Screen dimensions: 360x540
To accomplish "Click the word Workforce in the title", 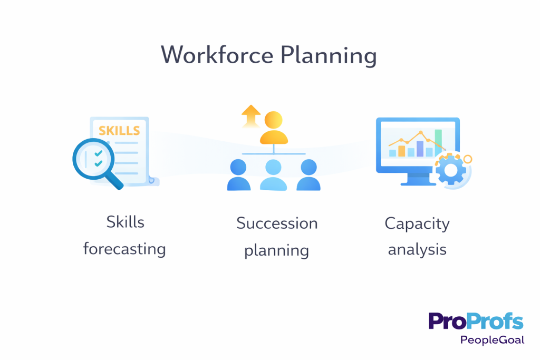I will coord(216,55).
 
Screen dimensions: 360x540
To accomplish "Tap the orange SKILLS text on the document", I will coord(119,130).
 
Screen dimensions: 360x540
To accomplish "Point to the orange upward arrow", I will coord(252,115).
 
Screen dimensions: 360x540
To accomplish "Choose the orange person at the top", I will coord(274,128).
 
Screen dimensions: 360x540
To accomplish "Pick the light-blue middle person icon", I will coord(274,176).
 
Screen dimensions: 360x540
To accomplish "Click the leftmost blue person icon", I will coord(239,176).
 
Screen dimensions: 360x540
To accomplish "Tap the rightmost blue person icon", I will coord(308,176).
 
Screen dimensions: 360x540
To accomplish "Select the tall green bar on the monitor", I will coord(438,142).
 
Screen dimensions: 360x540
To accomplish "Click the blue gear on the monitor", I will coord(451,169).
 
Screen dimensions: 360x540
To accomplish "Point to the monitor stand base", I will coord(418,183).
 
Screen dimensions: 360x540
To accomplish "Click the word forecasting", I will coord(124,248).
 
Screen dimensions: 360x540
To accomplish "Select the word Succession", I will coord(277,223).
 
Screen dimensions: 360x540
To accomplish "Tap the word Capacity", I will coord(417,224).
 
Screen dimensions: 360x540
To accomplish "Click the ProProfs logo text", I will coord(476,321).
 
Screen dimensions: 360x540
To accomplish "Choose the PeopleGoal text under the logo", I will coord(492,340).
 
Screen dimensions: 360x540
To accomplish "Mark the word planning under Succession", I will coord(276,249).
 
